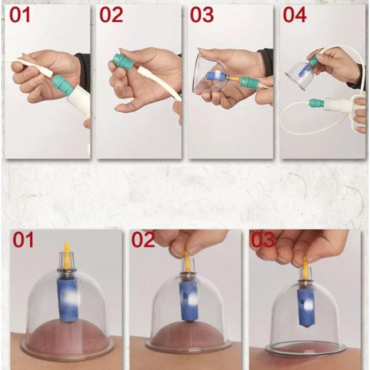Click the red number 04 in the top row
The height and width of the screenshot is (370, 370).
click(295, 15)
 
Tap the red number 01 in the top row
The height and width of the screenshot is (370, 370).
click(20, 15)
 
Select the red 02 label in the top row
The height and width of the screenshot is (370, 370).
click(111, 15)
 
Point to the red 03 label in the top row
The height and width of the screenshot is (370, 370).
click(202, 15)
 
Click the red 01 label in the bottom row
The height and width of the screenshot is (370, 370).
click(23, 240)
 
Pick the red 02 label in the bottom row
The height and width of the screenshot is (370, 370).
click(143, 240)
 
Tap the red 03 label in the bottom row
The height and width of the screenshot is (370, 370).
click(263, 240)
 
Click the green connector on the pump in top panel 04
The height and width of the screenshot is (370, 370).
click(317, 103)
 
